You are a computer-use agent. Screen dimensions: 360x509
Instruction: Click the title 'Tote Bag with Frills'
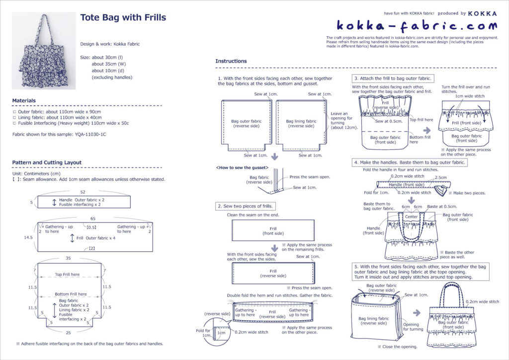tap(123, 18)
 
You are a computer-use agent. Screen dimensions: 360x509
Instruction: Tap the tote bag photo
tap(44, 51)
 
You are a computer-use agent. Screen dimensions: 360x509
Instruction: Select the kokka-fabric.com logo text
tap(417, 25)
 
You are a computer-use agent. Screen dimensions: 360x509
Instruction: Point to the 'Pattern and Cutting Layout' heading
tap(47, 163)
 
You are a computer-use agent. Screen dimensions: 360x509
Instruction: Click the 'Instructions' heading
tap(231, 61)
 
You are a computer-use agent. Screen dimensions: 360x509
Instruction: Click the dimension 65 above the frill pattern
tap(93, 218)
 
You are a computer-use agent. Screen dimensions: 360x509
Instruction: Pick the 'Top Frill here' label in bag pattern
tap(67, 274)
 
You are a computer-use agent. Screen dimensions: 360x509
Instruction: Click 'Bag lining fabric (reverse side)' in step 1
tap(301, 123)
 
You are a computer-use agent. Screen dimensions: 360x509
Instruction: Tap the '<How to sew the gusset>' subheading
tap(243, 168)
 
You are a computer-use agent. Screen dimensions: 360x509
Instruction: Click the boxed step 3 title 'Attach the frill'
tap(392, 79)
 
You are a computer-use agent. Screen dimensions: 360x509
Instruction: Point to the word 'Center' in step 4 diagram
tap(411, 217)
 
